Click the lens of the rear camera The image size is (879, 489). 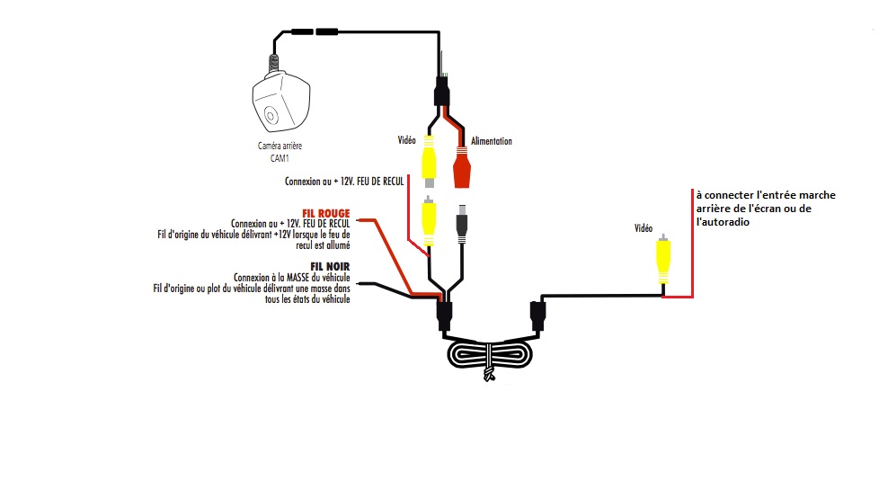pos(270,115)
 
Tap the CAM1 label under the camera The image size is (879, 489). pos(280,158)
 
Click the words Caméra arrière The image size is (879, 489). pos(280,147)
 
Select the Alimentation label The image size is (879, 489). pos(492,141)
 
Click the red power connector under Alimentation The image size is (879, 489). pos(462,168)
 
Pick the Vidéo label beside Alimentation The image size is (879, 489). pos(407,141)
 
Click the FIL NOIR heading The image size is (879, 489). pos(330,266)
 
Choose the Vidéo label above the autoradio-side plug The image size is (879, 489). pos(644,228)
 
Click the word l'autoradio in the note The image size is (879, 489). pos(723,222)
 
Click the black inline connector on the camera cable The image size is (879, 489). pos(314,32)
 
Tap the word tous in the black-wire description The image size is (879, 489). pos(274,298)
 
